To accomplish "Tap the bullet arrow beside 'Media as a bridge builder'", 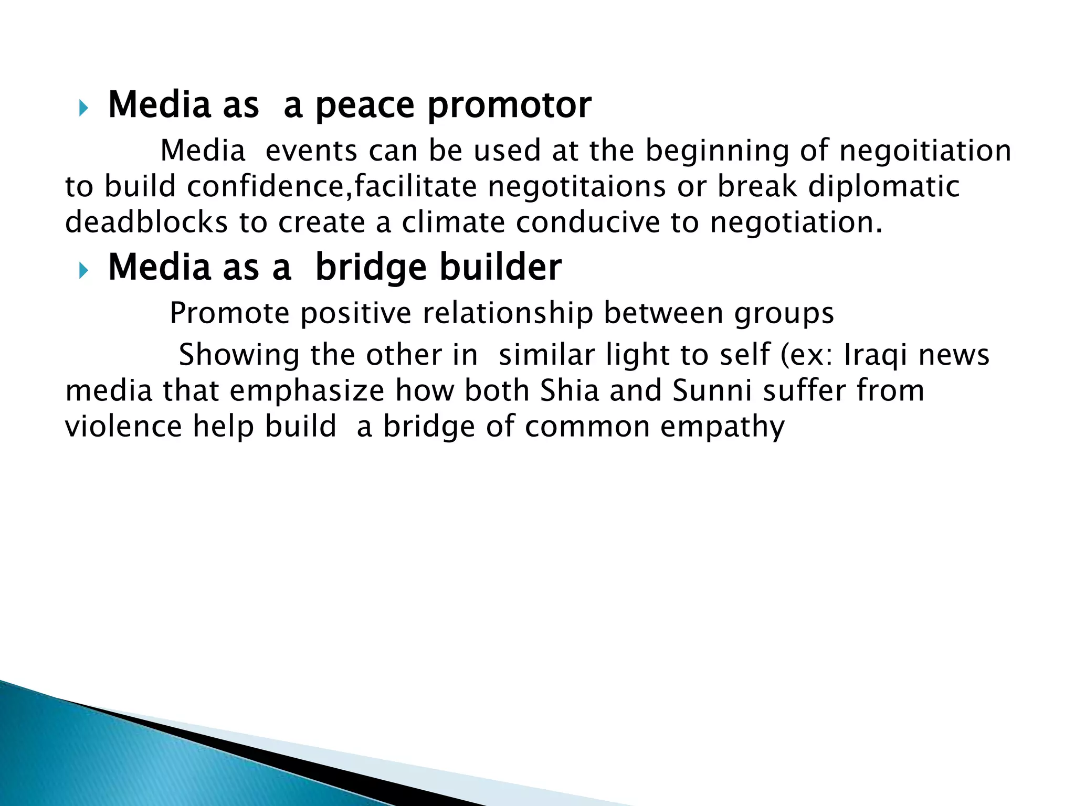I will point(83,271).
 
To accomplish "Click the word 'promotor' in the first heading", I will point(509,105).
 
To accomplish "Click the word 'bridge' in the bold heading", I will point(371,268).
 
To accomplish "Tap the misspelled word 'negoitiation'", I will point(925,151).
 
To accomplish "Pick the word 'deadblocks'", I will point(146,222).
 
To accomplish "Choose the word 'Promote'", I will point(229,314).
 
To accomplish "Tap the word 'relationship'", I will point(508,314).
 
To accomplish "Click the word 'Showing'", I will point(239,355).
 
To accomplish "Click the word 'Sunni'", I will point(712,391).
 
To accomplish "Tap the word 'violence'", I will point(123,426).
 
